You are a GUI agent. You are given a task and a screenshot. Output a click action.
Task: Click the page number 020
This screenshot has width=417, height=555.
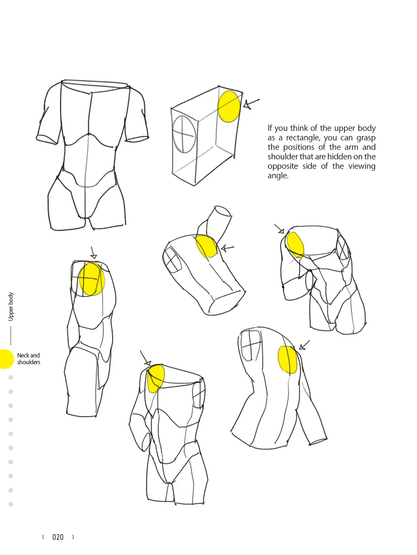[58, 537]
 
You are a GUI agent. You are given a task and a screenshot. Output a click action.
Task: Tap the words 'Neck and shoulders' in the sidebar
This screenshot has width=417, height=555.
[29, 359]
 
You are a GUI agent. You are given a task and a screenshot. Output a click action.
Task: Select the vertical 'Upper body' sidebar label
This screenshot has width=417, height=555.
[11, 306]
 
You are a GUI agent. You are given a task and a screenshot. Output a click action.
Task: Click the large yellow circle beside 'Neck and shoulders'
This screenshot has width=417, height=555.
[6, 359]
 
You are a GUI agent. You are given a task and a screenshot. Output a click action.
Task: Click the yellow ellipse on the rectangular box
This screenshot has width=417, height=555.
[229, 107]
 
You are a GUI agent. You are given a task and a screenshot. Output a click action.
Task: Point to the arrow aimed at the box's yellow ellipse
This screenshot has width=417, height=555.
[252, 104]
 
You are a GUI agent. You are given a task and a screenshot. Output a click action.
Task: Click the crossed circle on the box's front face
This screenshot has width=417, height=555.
[184, 134]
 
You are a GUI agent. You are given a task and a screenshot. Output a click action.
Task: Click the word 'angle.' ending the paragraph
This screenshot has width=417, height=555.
[278, 176]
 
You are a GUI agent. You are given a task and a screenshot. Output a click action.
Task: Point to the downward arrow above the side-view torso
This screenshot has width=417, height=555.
[93, 253]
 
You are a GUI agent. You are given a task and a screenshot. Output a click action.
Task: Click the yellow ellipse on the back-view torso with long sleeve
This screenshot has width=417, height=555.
[288, 360]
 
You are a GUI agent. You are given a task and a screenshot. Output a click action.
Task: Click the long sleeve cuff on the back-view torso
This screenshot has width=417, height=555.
[318, 440]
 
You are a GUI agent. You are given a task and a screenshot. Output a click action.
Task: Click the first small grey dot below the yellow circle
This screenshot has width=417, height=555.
[11, 377]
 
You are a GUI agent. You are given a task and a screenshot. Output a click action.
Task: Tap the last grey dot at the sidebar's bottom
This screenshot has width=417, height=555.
[11, 504]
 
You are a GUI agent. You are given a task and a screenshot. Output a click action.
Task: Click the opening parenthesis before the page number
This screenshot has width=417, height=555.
[43, 537]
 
